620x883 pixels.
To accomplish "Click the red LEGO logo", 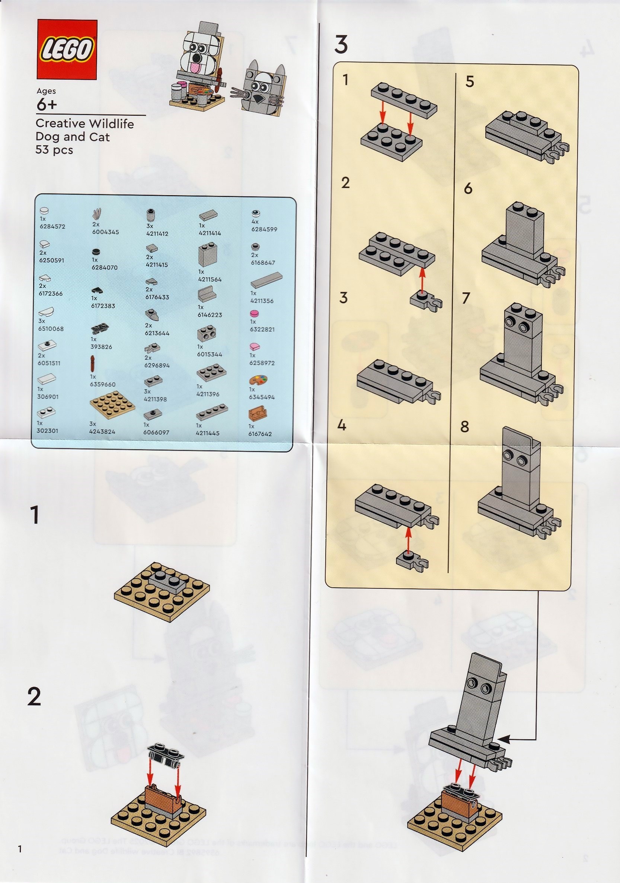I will click(x=67, y=50).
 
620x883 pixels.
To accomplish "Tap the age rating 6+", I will click(x=47, y=104).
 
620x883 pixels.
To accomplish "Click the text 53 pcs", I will click(x=54, y=150).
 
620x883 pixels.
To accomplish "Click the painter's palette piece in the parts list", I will click(x=258, y=381).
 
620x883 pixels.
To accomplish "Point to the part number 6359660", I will click(x=103, y=384).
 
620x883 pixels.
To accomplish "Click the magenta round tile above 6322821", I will click(x=254, y=313).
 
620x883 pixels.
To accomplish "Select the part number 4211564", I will click(x=210, y=280).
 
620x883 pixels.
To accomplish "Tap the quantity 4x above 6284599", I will click(x=255, y=222).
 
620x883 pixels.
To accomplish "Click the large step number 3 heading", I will click(x=341, y=45).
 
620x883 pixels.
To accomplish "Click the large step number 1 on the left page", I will click(x=35, y=515).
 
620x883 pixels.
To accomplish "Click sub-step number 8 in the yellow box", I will click(x=465, y=426).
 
